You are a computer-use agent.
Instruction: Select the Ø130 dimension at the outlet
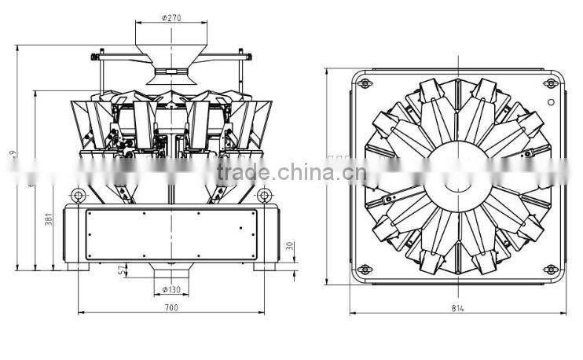pos(171,289)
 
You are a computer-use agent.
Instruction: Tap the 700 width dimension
pos(171,307)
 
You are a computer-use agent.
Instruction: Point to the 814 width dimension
pos(458,307)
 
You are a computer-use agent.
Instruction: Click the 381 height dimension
pos(49,220)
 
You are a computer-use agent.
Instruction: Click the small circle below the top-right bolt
pos(551,102)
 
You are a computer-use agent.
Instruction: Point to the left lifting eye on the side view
pos(77,194)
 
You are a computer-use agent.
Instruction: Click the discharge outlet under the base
pos(171,271)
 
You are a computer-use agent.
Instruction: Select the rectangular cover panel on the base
pos(171,236)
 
